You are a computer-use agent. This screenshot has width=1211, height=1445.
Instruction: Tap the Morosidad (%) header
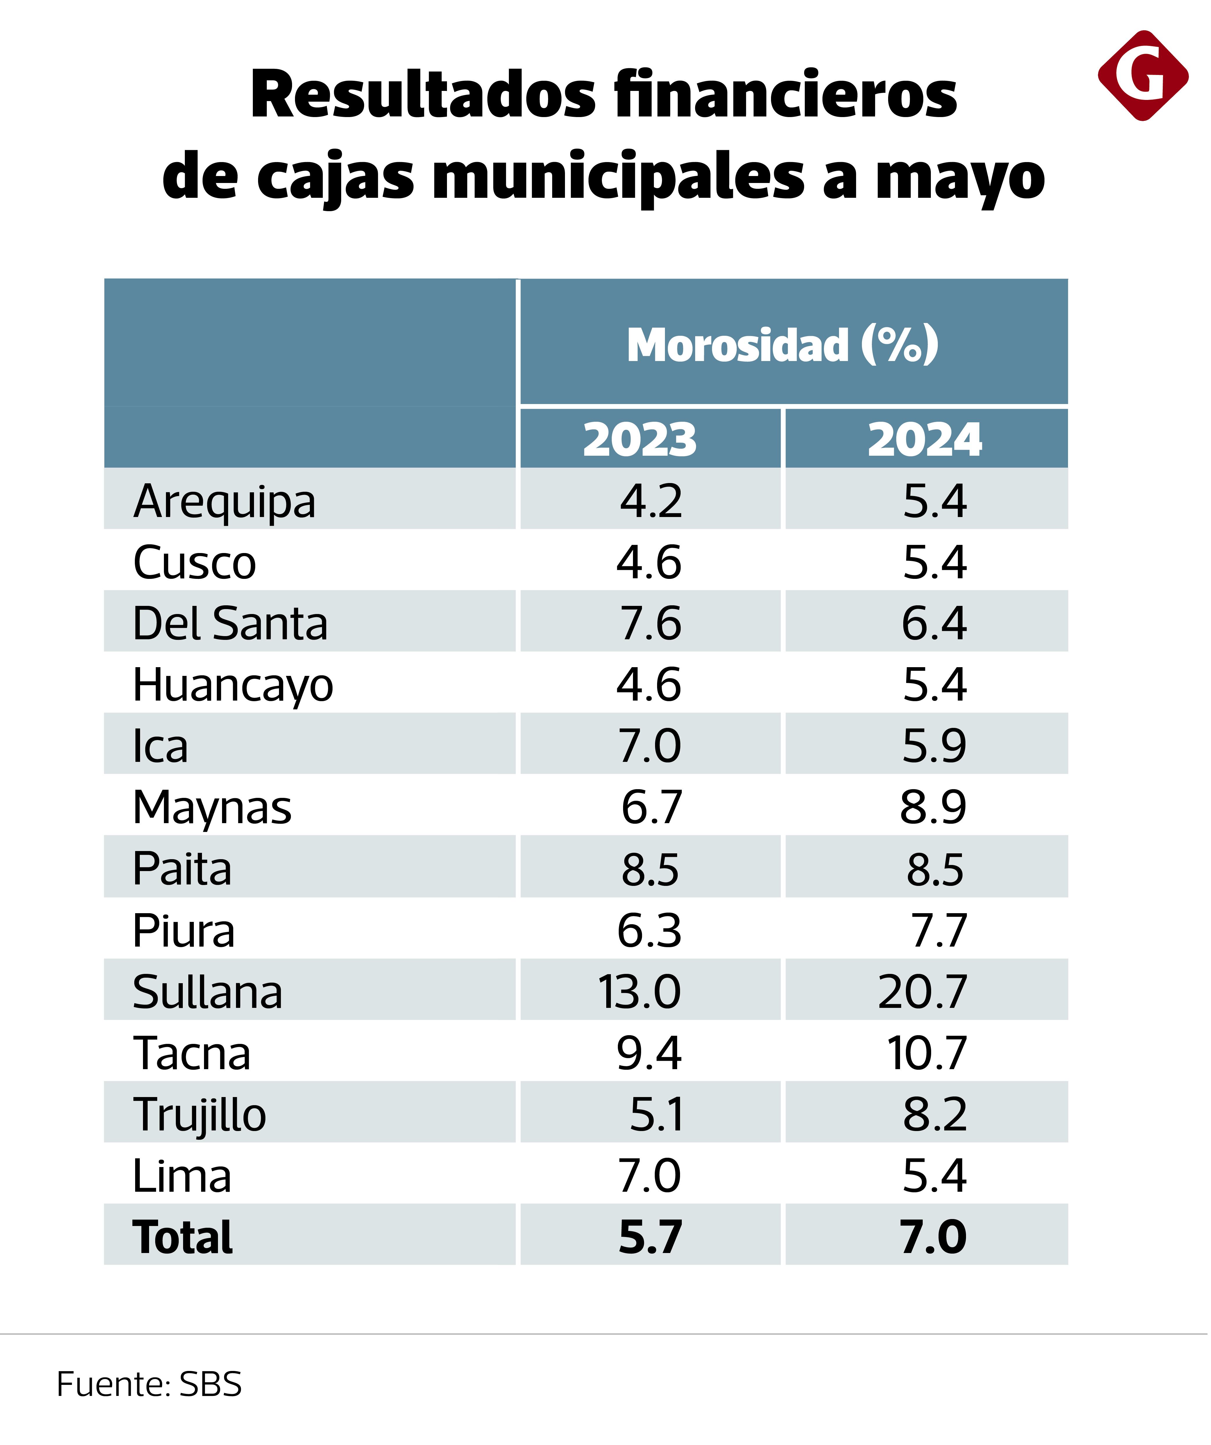coord(783,344)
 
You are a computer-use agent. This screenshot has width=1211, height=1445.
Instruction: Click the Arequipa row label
coord(224,501)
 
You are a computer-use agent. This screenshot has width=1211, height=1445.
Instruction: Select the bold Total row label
coord(183,1237)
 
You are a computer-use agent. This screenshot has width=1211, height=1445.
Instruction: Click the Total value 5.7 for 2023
coord(650,1237)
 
